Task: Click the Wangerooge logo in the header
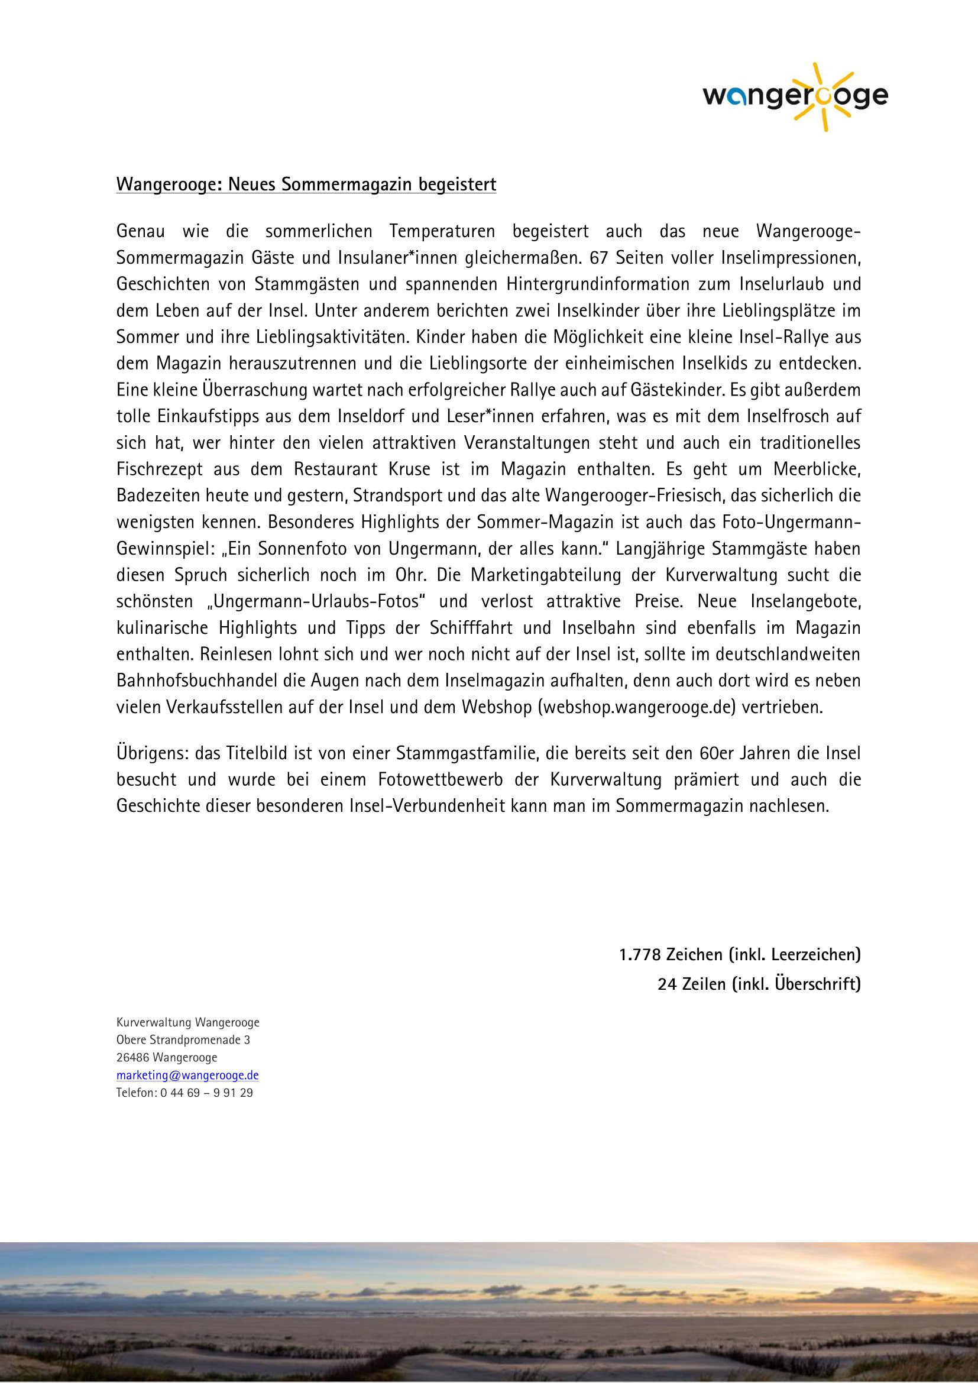click(795, 96)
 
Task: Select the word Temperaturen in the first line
click(442, 231)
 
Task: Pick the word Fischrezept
click(160, 469)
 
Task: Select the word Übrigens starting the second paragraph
click(151, 753)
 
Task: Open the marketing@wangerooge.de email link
click(187, 1075)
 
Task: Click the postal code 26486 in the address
click(132, 1058)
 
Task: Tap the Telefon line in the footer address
click(184, 1093)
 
